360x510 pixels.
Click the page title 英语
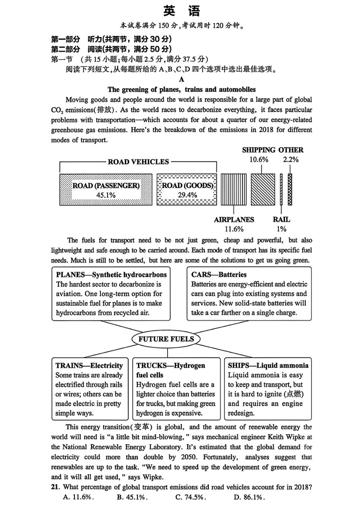[x=182, y=11]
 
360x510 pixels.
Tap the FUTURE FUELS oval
[x=166, y=339]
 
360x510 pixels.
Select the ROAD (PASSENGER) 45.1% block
[x=106, y=190]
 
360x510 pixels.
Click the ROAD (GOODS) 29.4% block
[x=187, y=190]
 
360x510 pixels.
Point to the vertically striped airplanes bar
[x=233, y=190]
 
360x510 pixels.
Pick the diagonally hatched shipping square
[x=263, y=190]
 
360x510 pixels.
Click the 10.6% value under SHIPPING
[x=258, y=160]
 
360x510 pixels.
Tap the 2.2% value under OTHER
[x=291, y=160]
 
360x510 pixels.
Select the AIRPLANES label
[x=234, y=220]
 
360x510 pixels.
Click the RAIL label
[x=281, y=220]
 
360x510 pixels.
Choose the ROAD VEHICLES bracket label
[x=138, y=162]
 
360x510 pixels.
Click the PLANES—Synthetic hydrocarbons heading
[x=111, y=275]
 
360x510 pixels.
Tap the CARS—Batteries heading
[x=219, y=275]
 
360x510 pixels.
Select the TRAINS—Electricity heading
[x=89, y=366]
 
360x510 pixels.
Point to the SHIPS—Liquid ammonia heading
[x=268, y=366]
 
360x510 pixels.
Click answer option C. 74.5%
[x=191, y=497]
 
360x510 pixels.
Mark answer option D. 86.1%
[x=249, y=497]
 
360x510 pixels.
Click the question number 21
[x=56, y=487]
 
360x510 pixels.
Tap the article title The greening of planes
[x=182, y=90]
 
